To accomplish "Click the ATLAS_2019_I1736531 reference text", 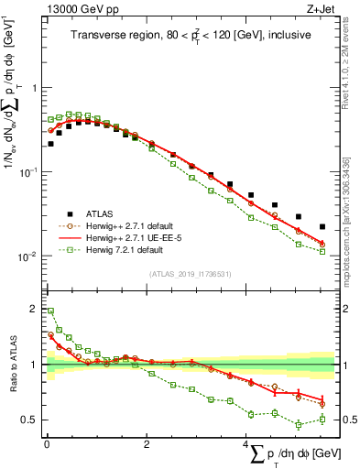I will click(189, 274).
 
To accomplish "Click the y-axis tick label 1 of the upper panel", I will click(37, 89).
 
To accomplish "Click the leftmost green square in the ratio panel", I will click(50, 311).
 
